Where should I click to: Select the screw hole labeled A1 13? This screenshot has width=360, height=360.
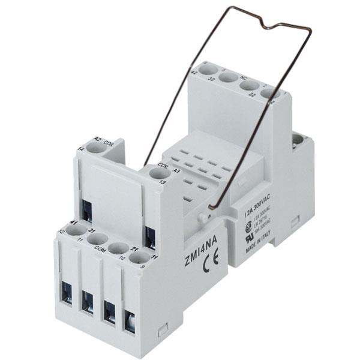coord(158,174)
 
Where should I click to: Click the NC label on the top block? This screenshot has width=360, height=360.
coord(244,77)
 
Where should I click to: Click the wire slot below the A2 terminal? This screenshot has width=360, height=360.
coord(88,209)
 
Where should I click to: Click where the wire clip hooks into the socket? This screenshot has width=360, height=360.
coord(207,211)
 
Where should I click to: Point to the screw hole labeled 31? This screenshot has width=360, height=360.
coord(97,239)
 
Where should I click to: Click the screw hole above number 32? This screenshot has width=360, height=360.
coord(227,77)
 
